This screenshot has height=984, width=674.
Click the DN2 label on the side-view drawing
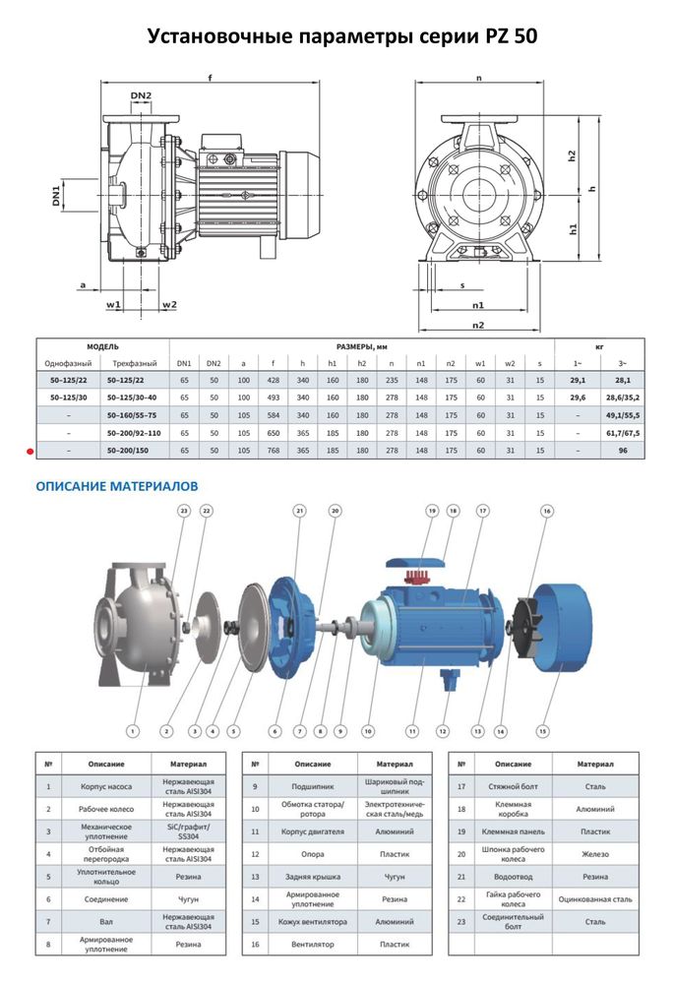[x=141, y=95]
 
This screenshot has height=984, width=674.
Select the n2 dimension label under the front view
[x=479, y=324]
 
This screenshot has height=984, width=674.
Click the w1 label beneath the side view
[x=114, y=305]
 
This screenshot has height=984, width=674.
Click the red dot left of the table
[x=31, y=452]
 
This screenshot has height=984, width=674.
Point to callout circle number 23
[x=183, y=511]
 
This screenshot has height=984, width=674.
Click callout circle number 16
[x=547, y=511]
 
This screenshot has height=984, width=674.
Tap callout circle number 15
[x=541, y=731]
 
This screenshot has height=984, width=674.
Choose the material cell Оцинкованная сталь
[x=594, y=897]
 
